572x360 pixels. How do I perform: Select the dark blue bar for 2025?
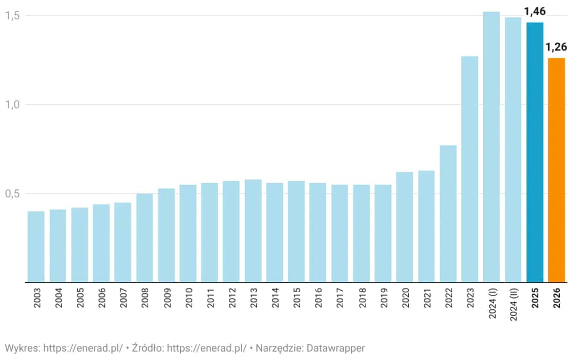(x=535, y=152)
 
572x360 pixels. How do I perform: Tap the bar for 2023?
(x=470, y=169)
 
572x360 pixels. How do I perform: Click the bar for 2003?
(x=36, y=247)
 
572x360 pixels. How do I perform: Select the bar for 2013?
(x=253, y=231)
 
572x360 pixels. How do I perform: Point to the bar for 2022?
(x=448, y=213)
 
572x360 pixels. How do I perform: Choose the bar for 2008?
(x=145, y=238)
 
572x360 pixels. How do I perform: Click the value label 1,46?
(x=535, y=11)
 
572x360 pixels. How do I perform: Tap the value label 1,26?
(x=556, y=47)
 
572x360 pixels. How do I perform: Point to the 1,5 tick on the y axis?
(x=13, y=15)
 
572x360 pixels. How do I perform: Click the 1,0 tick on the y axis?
(x=13, y=104)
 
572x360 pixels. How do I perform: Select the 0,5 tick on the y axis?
(x=13, y=193)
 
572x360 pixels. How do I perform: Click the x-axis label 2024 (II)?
(x=513, y=305)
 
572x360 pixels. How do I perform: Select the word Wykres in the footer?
(x=21, y=348)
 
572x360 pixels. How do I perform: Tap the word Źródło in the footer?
(x=147, y=348)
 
